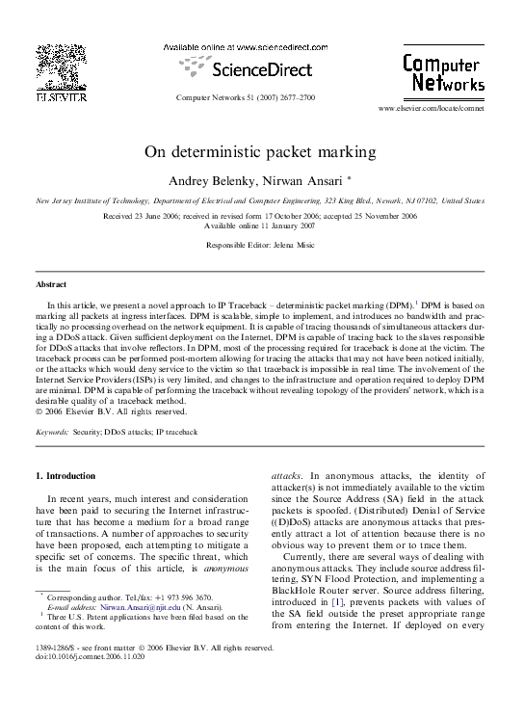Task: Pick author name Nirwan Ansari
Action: [x=295, y=180]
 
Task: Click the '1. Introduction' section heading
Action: [x=65, y=476]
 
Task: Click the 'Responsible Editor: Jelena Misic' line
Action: [x=260, y=247]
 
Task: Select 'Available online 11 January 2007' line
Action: [x=260, y=225]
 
